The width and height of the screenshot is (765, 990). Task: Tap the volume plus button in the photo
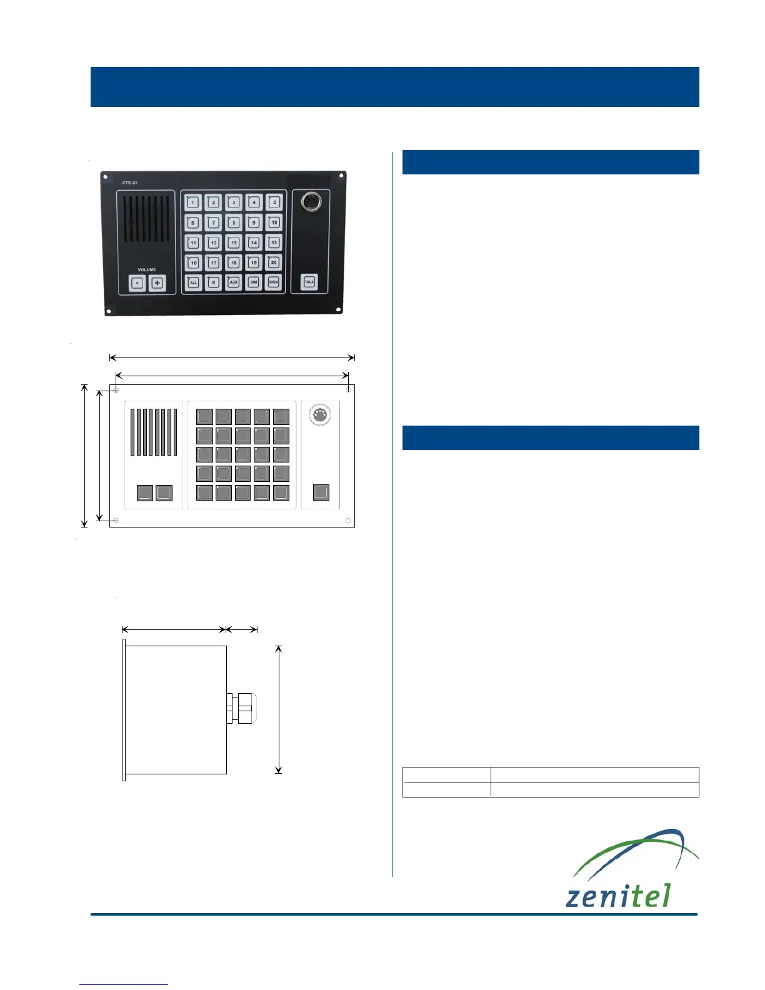point(157,283)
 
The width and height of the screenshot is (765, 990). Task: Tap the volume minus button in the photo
point(137,283)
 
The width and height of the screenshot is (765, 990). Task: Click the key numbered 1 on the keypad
point(193,202)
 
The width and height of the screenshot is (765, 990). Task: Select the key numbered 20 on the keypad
point(274,262)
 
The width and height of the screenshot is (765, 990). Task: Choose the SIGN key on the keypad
point(274,282)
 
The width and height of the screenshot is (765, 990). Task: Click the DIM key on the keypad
point(254,282)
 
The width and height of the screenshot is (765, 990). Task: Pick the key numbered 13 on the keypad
point(234,242)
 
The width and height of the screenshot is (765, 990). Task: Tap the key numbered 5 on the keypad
point(274,202)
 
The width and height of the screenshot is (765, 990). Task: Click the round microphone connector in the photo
point(311,201)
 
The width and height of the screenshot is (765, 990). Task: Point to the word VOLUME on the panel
point(147,270)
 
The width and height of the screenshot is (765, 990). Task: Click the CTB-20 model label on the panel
point(129,182)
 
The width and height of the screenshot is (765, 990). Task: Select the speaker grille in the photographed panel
point(146,219)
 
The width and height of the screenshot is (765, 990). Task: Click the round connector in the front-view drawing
point(320,414)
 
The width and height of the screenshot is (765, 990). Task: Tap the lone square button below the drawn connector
point(321,492)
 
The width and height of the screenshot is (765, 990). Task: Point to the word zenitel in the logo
point(617,896)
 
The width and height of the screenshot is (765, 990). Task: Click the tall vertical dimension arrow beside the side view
point(279,709)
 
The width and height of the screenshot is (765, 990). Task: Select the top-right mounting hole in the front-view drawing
point(349,390)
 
